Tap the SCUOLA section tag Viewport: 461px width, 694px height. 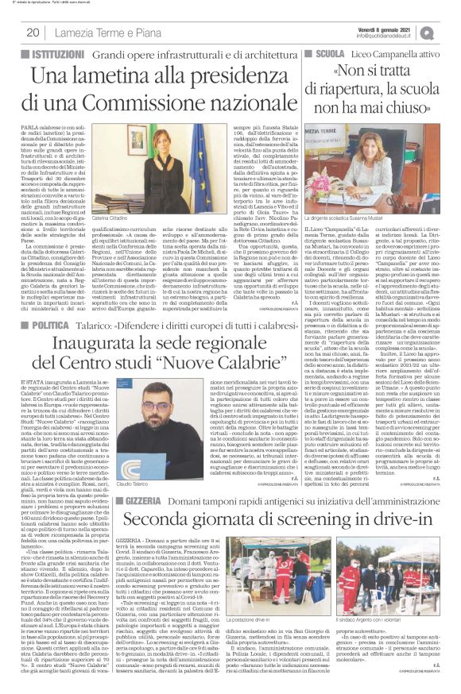point(327,52)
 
